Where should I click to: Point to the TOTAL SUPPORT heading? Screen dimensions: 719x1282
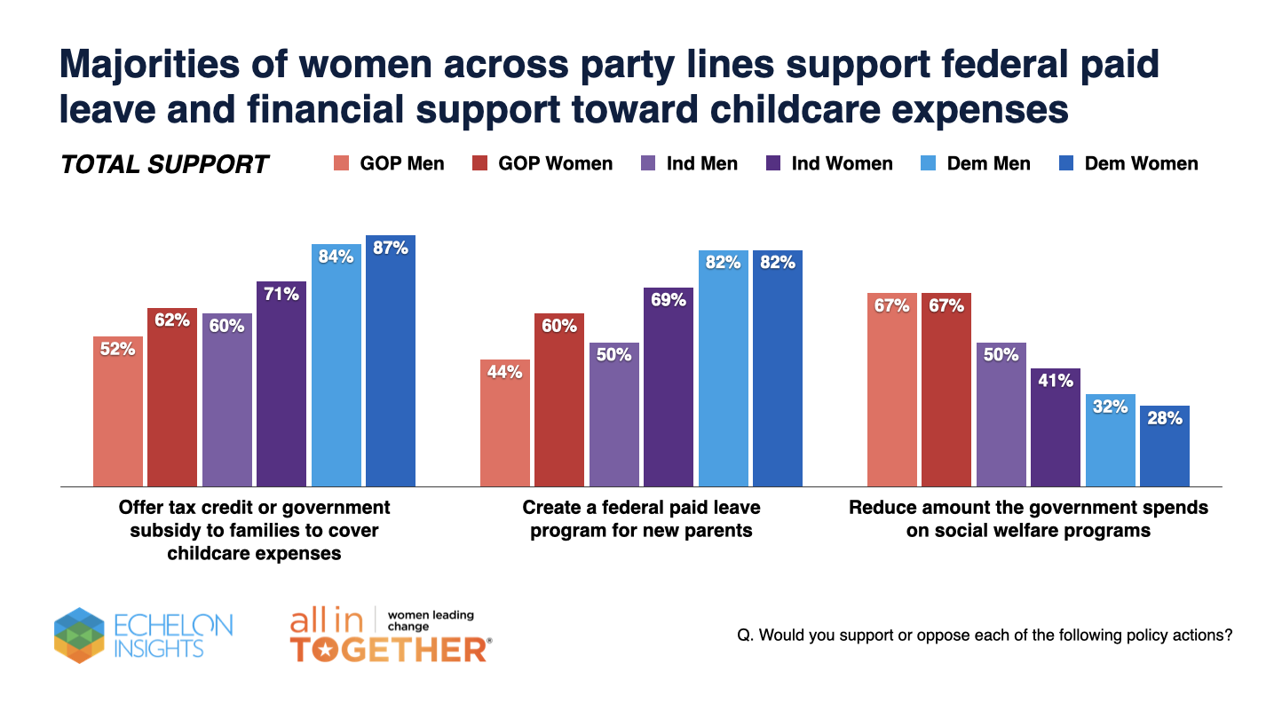164,164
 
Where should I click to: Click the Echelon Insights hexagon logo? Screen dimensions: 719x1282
79,635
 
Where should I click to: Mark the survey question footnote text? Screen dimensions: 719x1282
985,636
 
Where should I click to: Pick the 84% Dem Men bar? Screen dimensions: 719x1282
336,364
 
